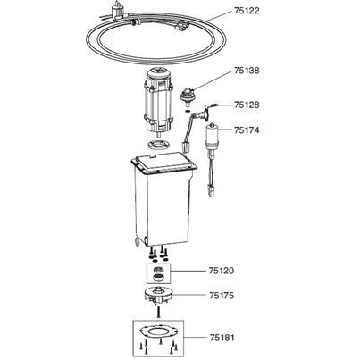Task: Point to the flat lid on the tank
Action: (x=163, y=165)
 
